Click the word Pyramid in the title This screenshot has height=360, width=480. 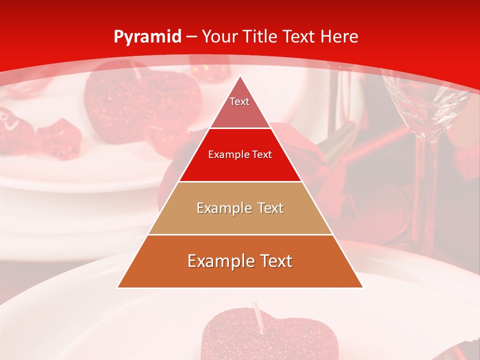147,37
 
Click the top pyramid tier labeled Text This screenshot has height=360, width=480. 239,103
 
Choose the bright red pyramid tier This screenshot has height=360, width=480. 240,155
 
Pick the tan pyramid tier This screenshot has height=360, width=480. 240,208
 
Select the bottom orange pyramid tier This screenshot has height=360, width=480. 240,261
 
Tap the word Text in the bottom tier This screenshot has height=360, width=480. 273,261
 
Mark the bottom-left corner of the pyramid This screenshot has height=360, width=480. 117,287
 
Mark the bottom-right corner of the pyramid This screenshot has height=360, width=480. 363,287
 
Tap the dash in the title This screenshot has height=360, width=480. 191,37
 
